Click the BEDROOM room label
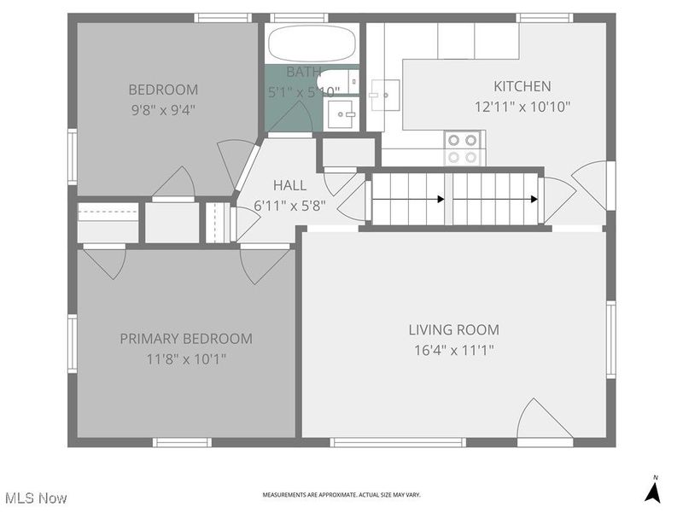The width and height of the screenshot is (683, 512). (163, 90)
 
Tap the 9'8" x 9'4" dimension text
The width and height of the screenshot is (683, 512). (163, 108)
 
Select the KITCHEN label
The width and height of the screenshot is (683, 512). (522, 86)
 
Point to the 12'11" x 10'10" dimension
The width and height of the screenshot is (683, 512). (522, 107)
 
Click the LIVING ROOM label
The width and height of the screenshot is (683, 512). (453, 330)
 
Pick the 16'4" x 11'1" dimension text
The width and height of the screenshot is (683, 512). (453, 350)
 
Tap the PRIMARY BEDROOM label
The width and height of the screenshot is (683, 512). (185, 339)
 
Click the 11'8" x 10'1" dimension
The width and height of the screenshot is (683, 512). (185, 358)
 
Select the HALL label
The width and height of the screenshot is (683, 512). (289, 185)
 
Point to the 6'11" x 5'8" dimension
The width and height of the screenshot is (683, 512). (289, 205)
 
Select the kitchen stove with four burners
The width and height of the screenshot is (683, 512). (464, 148)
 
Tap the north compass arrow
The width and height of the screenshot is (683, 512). (653, 491)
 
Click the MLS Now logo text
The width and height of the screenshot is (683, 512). (36, 497)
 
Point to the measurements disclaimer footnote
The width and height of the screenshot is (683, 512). (341, 495)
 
